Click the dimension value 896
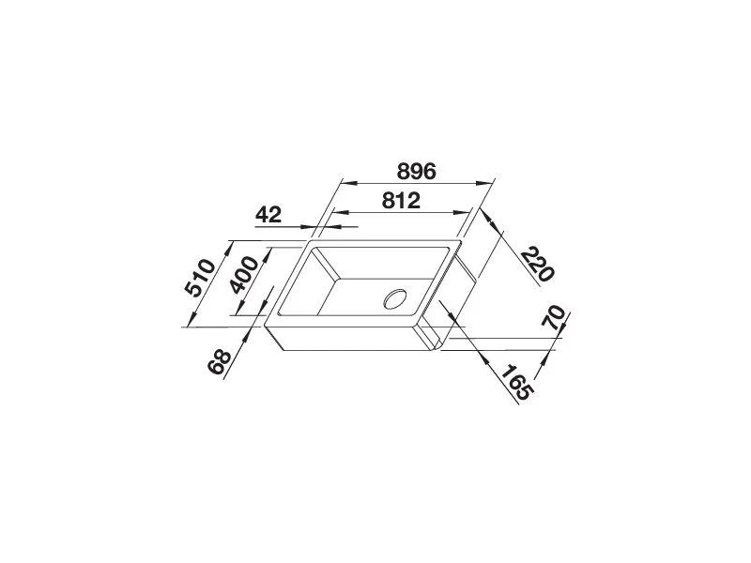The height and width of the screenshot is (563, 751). (416, 171)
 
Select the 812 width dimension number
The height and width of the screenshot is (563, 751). (401, 201)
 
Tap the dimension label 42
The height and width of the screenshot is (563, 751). (268, 215)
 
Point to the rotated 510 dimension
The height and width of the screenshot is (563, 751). (200, 278)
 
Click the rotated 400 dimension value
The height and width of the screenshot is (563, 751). (244, 275)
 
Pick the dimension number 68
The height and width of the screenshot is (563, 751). (220, 362)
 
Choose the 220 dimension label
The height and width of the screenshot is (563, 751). (537, 264)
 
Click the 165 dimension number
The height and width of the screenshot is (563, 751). (515, 383)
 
